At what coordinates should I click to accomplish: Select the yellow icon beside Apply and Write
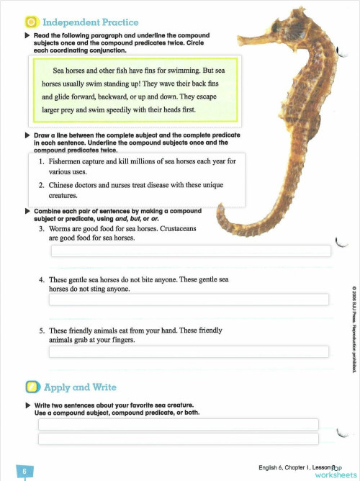coord(31,387)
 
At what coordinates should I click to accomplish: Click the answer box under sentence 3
coord(190,251)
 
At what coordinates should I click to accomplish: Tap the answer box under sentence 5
coord(190,351)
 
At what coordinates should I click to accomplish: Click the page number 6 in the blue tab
coord(24,472)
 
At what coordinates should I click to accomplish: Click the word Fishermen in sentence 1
coord(69,162)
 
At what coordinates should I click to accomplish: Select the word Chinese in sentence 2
coord(63,185)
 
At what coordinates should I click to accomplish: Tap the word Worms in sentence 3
coord(60,228)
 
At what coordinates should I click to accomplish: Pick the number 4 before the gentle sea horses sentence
coord(42,279)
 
